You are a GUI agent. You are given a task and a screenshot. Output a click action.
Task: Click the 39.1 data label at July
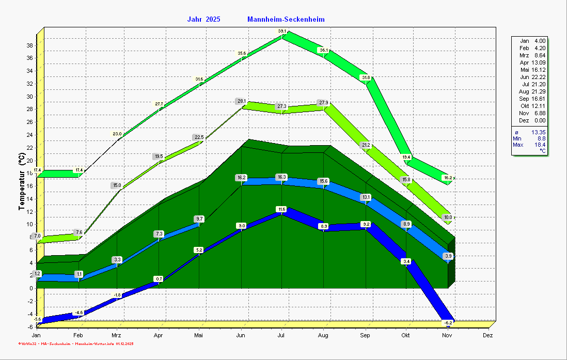pyautogui.click(x=282, y=32)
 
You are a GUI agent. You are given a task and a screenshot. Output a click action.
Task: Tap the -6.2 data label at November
pyautogui.click(x=448, y=322)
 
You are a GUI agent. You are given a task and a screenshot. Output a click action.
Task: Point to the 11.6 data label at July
pyautogui.click(x=281, y=209)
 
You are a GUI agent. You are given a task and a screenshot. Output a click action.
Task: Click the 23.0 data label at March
pyautogui.click(x=118, y=134)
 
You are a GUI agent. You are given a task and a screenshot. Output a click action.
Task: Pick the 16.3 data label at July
pyautogui.click(x=281, y=177)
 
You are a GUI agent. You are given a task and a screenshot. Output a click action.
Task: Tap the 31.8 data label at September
pyautogui.click(x=366, y=78)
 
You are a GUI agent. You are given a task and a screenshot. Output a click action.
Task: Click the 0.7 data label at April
pyautogui.click(x=159, y=279)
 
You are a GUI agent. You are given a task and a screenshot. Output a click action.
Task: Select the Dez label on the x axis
pyautogui.click(x=487, y=335)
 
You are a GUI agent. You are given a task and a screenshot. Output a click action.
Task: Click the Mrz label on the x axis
pyautogui.click(x=116, y=335)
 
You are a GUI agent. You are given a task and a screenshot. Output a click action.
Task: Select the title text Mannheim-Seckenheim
pyautogui.click(x=286, y=20)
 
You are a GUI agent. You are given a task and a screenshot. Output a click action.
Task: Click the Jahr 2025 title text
pyautogui.click(x=203, y=20)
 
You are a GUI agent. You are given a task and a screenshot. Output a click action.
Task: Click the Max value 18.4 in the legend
pyautogui.click(x=540, y=145)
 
